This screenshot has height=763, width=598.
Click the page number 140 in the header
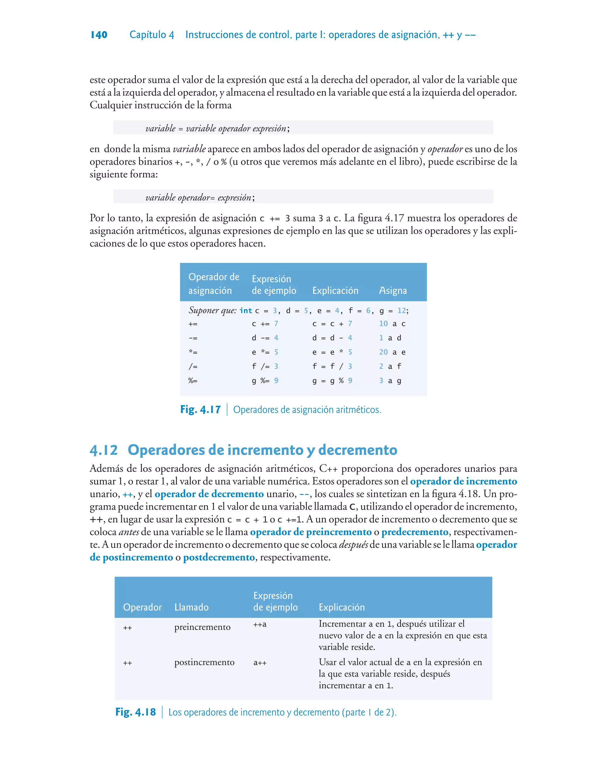pos(99,35)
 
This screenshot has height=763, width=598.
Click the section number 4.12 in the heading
pos(104,450)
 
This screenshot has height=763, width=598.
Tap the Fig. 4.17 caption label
pos(200,409)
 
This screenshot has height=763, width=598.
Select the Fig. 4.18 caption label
pos(135,712)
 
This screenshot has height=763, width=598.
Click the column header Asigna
pos(393,291)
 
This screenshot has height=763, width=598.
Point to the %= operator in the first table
pos(193,381)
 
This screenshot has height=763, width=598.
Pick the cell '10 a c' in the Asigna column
pos(392,324)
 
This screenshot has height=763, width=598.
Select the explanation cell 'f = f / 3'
pos(332,366)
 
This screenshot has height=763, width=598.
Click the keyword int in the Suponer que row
pos(246,311)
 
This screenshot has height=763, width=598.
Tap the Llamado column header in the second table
pos(192,607)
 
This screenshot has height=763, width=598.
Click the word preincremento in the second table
pos(202,627)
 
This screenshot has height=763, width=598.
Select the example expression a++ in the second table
pos(260,663)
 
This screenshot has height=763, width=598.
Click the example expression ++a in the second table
pos(260,624)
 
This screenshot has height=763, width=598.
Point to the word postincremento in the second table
pos(204,662)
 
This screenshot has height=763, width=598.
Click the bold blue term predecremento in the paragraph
pos(415,532)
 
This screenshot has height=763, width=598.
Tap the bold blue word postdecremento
pos(219,557)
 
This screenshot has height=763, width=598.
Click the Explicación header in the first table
pos(335,291)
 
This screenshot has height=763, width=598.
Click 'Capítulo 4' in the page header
pos(152,35)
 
